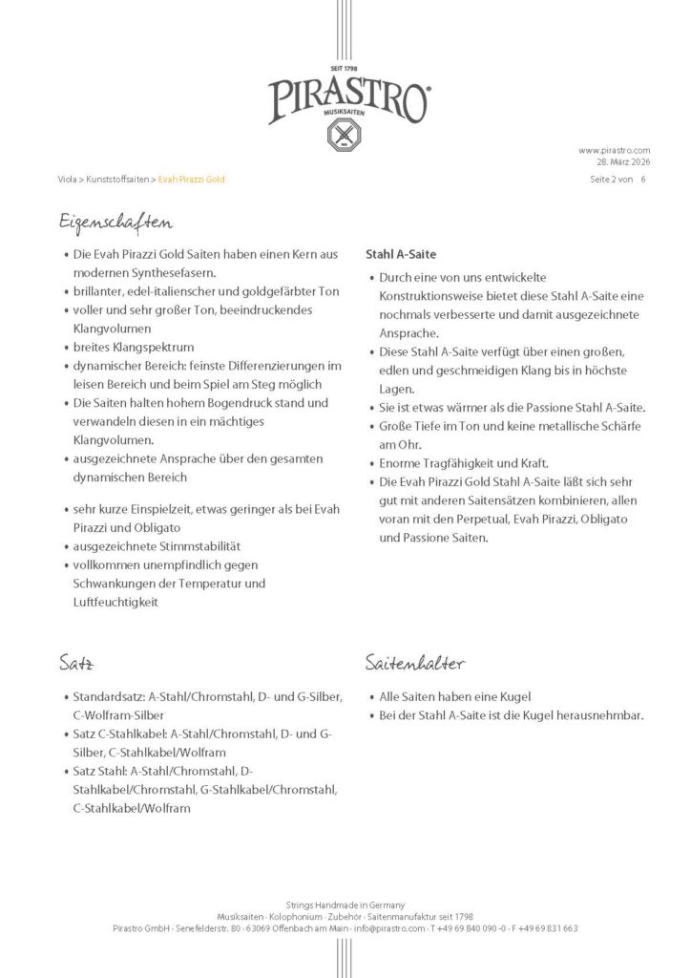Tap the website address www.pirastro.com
click(x=615, y=150)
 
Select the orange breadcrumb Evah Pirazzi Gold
click(x=192, y=180)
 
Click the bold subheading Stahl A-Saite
click(x=402, y=255)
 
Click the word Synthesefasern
click(x=147, y=272)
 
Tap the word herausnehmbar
click(x=603, y=714)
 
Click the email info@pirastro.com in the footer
click(x=390, y=927)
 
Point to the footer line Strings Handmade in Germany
click(x=345, y=904)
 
